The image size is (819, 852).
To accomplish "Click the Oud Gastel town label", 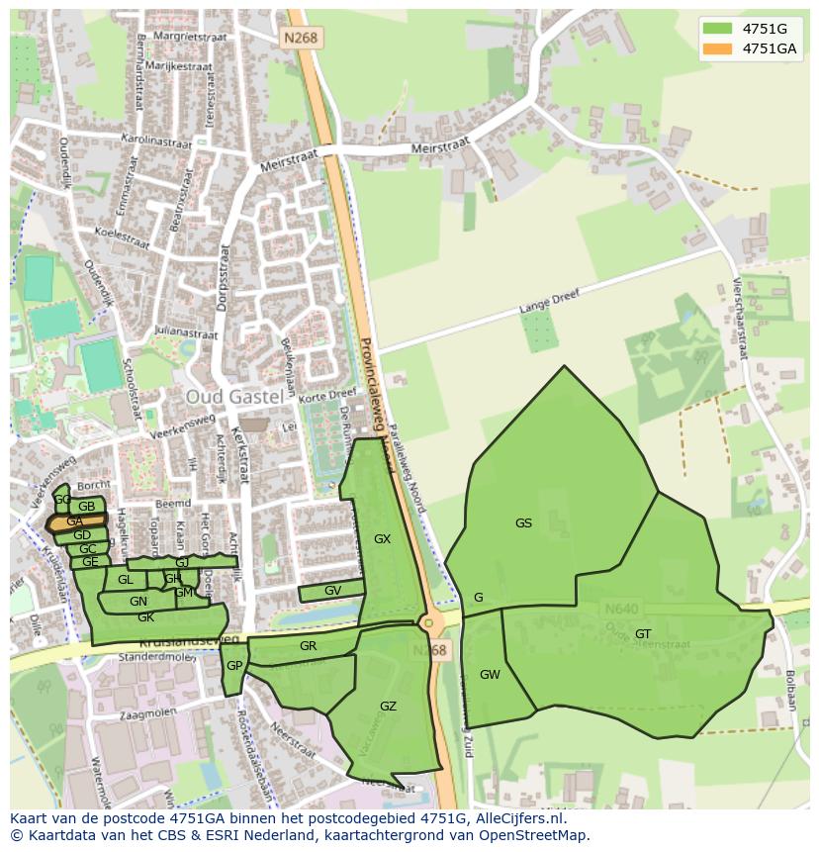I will point(234,396).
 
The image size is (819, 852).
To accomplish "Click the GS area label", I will point(523,523).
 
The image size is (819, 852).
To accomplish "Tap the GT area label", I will point(643,634).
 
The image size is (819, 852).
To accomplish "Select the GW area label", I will point(490,675).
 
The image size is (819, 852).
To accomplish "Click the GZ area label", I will point(388,706).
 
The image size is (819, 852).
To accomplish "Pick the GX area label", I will point(382,539).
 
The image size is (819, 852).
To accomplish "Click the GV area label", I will point(332,591).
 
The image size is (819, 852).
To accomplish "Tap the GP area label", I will point(233,666).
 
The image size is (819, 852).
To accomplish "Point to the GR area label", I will point(308,646).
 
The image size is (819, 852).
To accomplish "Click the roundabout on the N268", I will point(428,623).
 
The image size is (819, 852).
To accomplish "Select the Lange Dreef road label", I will point(547,301).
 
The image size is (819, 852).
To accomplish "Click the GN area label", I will point(138,601).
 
